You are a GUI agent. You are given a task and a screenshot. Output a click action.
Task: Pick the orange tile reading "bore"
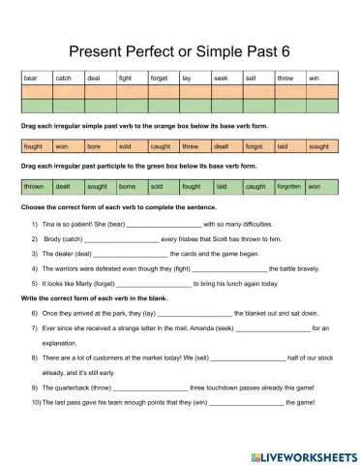[94, 147]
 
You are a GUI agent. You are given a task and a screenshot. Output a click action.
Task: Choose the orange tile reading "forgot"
[254, 147]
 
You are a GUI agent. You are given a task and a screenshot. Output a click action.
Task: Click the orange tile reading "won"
[61, 147]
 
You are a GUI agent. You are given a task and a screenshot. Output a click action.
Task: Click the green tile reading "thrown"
[34, 186]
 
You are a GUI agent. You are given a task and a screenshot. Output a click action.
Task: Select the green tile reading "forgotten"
[288, 186]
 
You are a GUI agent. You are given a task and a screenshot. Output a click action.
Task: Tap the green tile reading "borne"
[127, 186]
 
